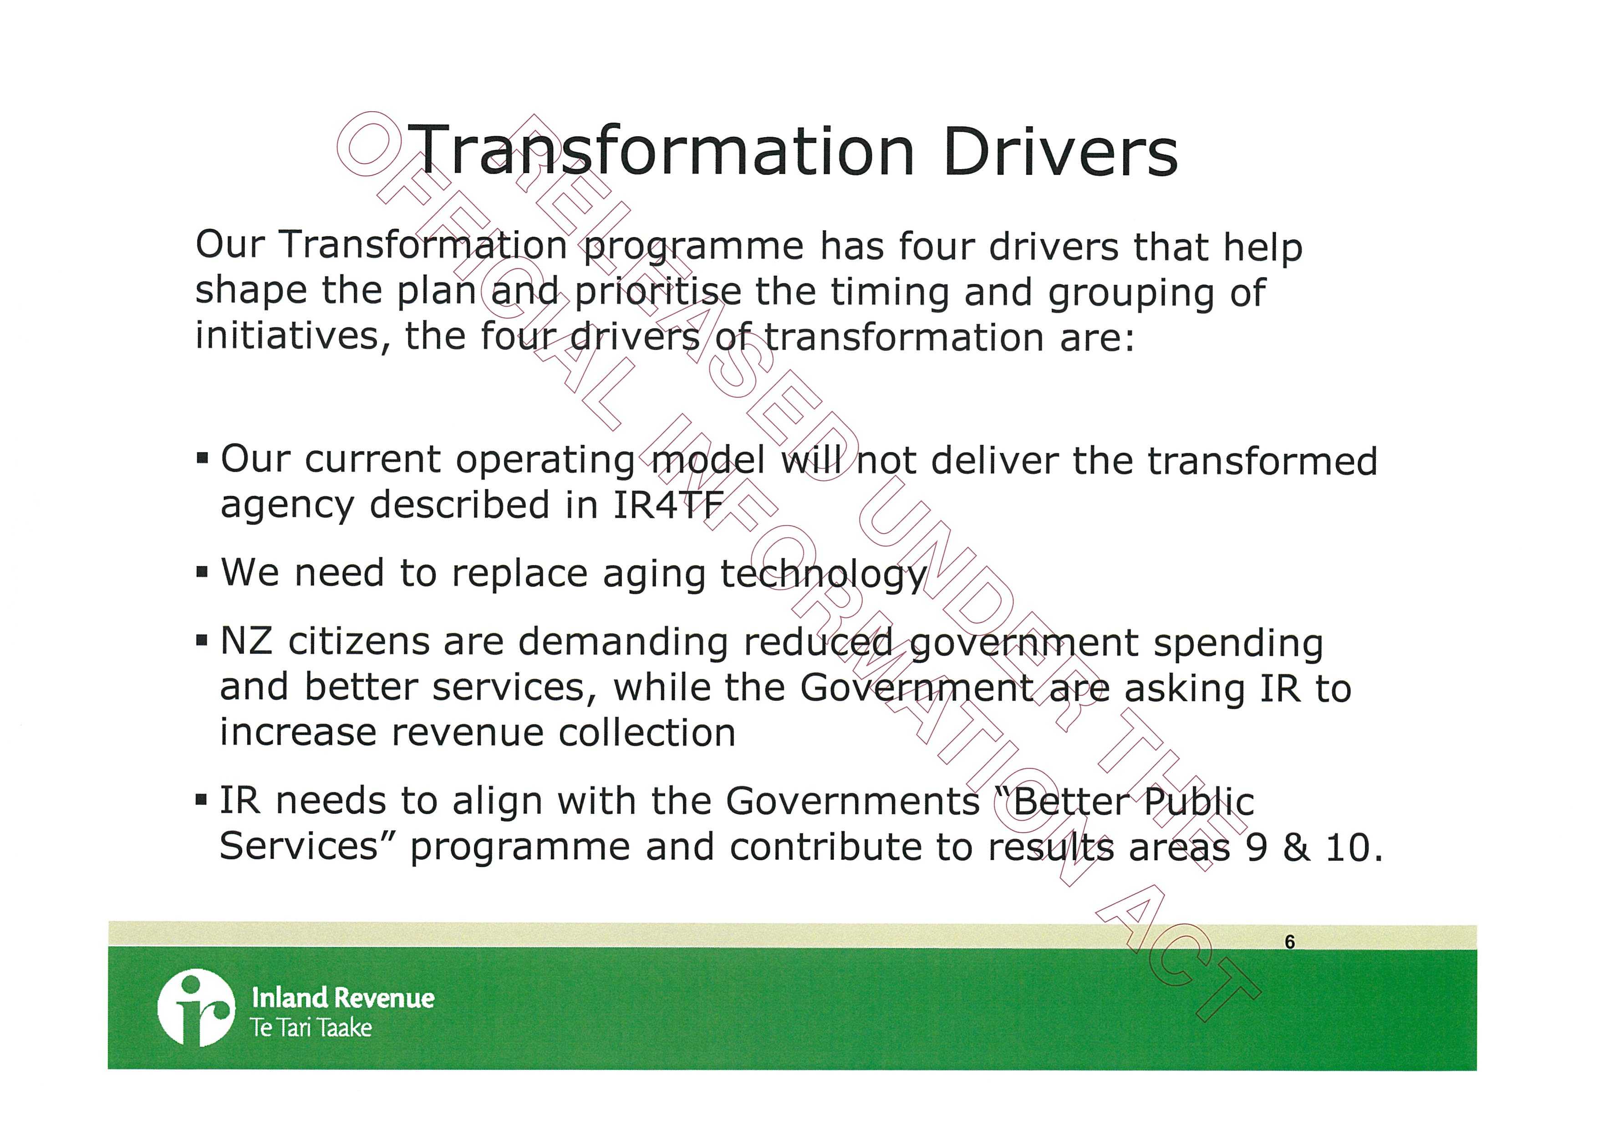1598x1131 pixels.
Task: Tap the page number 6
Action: [1290, 941]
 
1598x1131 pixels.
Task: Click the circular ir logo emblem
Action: [196, 1007]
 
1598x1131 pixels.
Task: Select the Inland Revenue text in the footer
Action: [343, 997]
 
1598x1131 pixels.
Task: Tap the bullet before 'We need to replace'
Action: [202, 573]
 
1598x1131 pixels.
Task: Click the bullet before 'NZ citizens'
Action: [202, 640]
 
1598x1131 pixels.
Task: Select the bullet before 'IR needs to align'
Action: [202, 800]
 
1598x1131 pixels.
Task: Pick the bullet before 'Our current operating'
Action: [202, 458]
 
